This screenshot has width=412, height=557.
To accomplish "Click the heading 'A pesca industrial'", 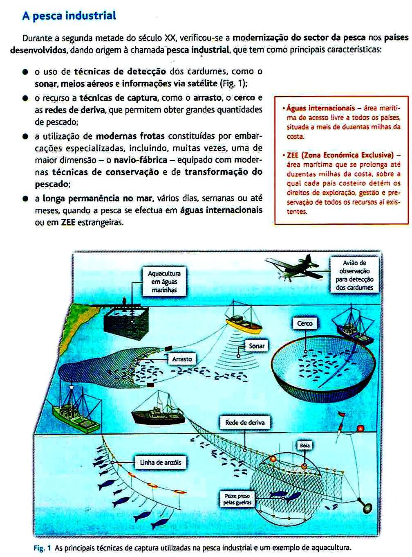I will (69, 16).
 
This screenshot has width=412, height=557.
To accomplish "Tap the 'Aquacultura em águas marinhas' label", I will (164, 282).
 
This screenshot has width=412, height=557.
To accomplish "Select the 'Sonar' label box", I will (256, 346).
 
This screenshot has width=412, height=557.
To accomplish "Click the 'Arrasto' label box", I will (182, 359).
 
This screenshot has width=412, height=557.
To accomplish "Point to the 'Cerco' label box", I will (305, 323).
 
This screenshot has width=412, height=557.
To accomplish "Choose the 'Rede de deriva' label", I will (245, 422).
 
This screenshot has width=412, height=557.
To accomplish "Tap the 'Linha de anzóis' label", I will (160, 462).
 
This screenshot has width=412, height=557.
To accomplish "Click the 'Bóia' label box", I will (305, 445).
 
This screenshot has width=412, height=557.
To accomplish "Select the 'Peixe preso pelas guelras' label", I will (237, 499).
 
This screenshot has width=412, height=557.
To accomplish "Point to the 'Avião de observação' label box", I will (354, 275).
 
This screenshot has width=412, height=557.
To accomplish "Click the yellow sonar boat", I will (243, 323).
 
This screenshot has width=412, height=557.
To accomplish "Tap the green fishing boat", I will (77, 413).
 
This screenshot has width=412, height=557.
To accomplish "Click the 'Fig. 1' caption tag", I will (42, 548).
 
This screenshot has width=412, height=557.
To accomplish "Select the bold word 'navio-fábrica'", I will (140, 160).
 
